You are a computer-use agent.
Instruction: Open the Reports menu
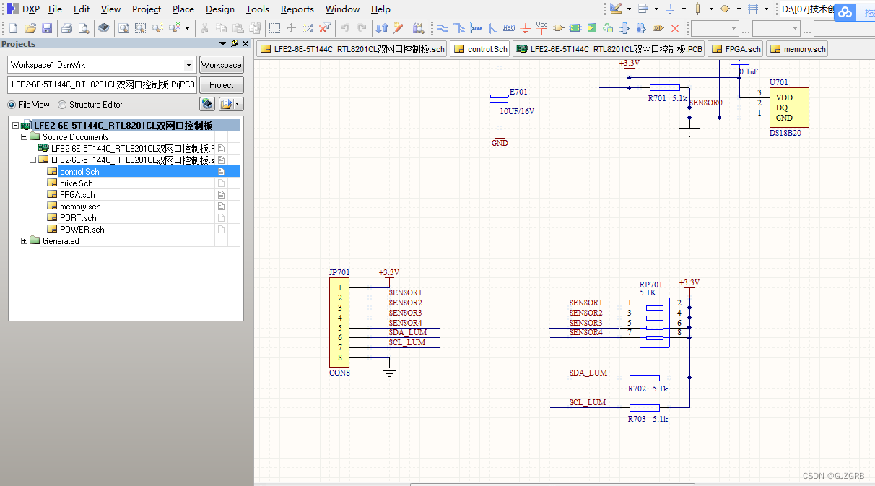(297, 9)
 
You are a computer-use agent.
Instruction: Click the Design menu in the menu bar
(219, 9)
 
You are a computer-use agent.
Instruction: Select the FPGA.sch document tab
(736, 49)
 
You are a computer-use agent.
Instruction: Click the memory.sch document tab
(798, 49)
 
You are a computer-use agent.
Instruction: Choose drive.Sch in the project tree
(76, 183)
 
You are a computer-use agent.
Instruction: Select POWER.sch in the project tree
(82, 230)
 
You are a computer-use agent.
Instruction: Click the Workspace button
(221, 65)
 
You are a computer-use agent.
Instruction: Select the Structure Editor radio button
(62, 105)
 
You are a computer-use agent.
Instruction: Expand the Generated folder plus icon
(25, 241)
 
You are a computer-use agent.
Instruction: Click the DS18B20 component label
(785, 134)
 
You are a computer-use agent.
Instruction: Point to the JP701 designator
(339, 272)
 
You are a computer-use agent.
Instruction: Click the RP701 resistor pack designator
(650, 285)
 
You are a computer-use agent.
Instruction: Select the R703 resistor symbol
(644, 408)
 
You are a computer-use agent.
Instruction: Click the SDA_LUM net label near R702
(588, 373)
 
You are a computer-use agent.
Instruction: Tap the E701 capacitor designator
(518, 92)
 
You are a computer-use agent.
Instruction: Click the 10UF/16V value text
(517, 112)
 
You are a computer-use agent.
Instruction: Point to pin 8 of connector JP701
(340, 358)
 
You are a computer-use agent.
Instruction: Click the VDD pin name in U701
(783, 97)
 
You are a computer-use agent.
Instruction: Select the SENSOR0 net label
(705, 103)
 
